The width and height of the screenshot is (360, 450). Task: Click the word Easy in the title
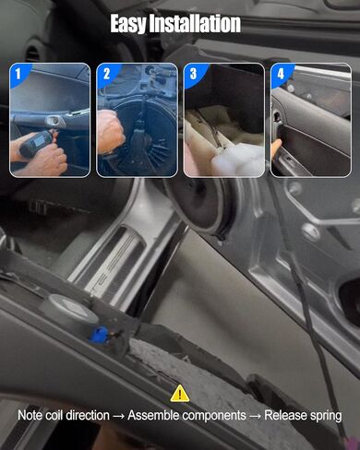tap(128, 23)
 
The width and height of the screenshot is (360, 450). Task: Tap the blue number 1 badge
tap(19, 75)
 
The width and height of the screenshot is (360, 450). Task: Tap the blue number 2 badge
tap(106, 75)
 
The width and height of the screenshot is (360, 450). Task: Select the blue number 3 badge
tap(193, 75)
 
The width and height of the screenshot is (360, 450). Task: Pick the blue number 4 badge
tap(281, 75)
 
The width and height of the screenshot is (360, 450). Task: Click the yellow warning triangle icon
tap(180, 393)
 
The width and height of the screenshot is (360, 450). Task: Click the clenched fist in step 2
tap(110, 132)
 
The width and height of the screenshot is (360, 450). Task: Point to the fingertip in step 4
tap(277, 145)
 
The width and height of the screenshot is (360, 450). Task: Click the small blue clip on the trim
tap(99, 335)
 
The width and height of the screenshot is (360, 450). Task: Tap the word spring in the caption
tap(326, 416)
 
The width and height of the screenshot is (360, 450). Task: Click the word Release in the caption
tap(285, 415)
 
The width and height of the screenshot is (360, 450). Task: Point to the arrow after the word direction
tap(118, 416)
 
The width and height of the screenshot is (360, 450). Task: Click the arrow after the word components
tap(255, 416)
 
